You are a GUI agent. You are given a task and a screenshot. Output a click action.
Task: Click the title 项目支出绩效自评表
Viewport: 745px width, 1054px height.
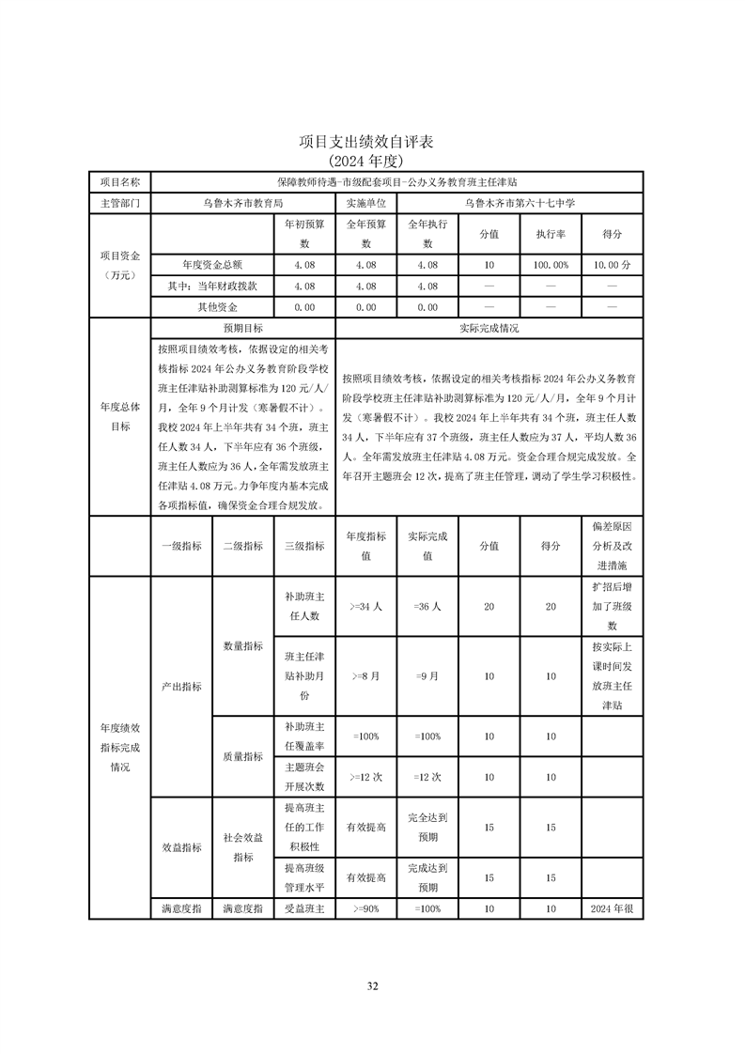click(372, 142)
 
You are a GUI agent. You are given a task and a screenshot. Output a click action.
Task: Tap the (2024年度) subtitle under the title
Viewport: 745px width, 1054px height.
click(372, 160)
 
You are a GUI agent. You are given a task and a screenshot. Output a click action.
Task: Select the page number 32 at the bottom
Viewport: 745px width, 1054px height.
click(372, 986)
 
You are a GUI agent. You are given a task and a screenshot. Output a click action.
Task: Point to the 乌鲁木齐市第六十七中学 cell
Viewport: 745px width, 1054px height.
click(520, 202)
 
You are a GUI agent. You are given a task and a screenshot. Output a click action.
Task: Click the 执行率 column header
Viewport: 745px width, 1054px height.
click(551, 234)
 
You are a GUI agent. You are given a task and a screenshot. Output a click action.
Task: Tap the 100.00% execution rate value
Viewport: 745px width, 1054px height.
click(551, 266)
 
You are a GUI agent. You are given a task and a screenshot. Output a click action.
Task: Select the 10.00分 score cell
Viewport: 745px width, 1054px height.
click(612, 266)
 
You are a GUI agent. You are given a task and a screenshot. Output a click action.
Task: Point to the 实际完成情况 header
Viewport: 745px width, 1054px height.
click(489, 329)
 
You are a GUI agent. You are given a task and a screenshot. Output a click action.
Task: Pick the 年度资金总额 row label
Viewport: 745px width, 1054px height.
click(212, 266)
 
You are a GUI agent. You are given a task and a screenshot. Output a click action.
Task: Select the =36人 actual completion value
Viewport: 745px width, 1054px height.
click(427, 607)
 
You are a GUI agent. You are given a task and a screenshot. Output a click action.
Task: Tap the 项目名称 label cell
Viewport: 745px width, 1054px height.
click(120, 181)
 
